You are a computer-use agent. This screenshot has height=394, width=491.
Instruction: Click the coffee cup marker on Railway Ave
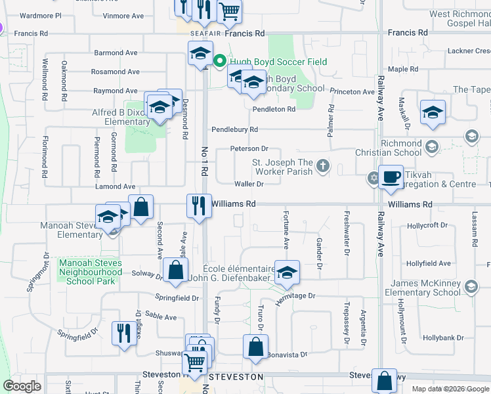(391, 177)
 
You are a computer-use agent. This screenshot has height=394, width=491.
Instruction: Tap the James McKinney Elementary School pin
(471, 286)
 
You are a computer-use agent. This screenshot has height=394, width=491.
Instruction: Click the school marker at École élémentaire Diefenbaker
(286, 273)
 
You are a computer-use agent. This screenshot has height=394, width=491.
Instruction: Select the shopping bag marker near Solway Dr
(175, 271)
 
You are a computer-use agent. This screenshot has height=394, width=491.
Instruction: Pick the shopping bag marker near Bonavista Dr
(255, 347)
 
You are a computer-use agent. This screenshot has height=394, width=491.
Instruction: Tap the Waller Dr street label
(248, 185)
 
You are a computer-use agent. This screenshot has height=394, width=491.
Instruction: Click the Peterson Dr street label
(249, 149)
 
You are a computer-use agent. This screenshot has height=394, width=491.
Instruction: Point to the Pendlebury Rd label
(234, 130)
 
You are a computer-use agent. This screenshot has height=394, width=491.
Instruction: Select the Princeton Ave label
(352, 92)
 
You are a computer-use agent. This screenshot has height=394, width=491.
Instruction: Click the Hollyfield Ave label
(428, 263)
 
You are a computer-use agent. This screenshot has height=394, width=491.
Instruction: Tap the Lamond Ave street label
(115, 187)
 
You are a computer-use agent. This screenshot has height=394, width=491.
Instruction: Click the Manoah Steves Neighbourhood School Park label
(91, 272)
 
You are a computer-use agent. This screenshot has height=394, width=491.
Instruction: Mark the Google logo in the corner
(22, 386)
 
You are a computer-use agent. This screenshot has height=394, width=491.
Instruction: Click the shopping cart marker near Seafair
(228, 11)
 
